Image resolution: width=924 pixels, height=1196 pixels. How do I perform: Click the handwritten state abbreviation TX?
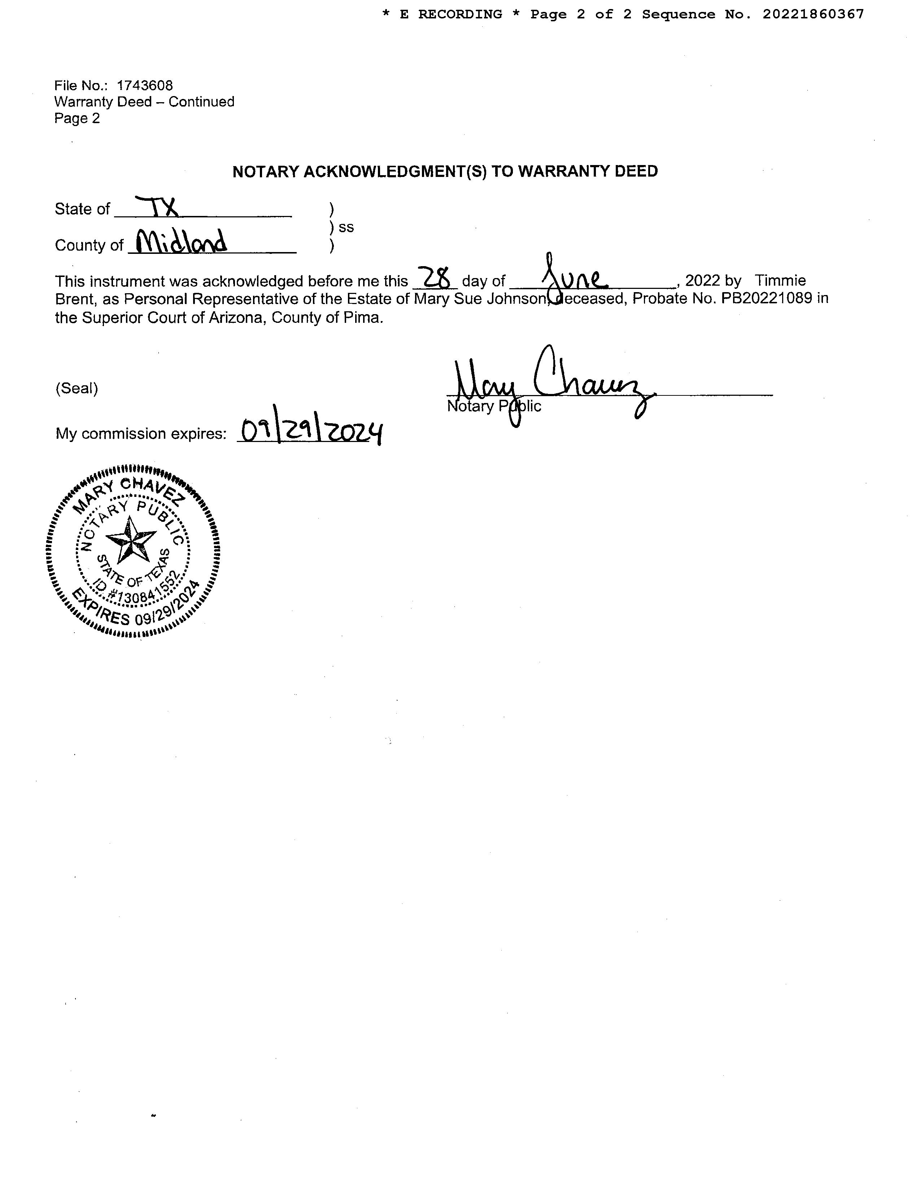(x=157, y=207)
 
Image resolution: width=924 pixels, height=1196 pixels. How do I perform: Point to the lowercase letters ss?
(x=346, y=227)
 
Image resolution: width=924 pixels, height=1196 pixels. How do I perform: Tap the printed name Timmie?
(x=780, y=280)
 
